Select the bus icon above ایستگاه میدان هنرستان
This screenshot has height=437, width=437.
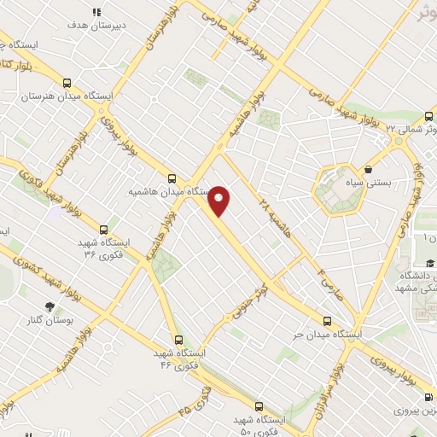point(67,84)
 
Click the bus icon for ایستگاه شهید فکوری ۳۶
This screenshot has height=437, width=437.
point(104,230)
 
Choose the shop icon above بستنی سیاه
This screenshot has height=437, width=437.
point(368,169)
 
